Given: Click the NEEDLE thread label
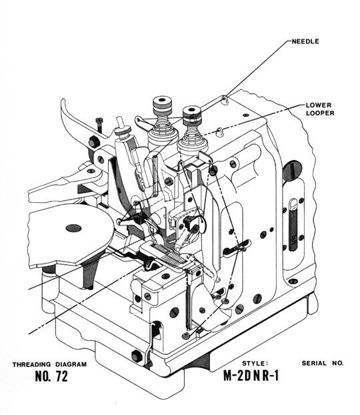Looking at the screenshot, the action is tap(305, 41).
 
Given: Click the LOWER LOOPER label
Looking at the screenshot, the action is tap(320, 109).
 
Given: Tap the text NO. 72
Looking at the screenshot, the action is tap(51, 376).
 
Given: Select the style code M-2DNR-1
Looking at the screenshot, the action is tap(251, 375).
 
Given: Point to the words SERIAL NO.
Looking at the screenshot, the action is tap(323, 363).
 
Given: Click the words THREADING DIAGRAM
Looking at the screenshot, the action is tap(49, 364).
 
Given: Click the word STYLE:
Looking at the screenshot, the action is tap(253, 363).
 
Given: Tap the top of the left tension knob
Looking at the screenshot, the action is tap(162, 101).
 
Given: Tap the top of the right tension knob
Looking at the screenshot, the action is tap(192, 110).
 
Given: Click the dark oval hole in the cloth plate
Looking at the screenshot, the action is tap(73, 228).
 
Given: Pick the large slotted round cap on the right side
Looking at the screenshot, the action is tap(292, 171).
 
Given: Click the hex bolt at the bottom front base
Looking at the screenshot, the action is tap(136, 356).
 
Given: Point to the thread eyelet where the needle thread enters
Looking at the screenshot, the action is tap(224, 99).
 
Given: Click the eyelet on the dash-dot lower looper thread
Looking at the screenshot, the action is tap(219, 131).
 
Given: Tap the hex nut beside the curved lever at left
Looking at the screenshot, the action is tap(93, 142).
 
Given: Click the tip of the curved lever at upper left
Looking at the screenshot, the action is tap(63, 100).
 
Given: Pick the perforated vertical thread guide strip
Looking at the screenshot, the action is tap(155, 175).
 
